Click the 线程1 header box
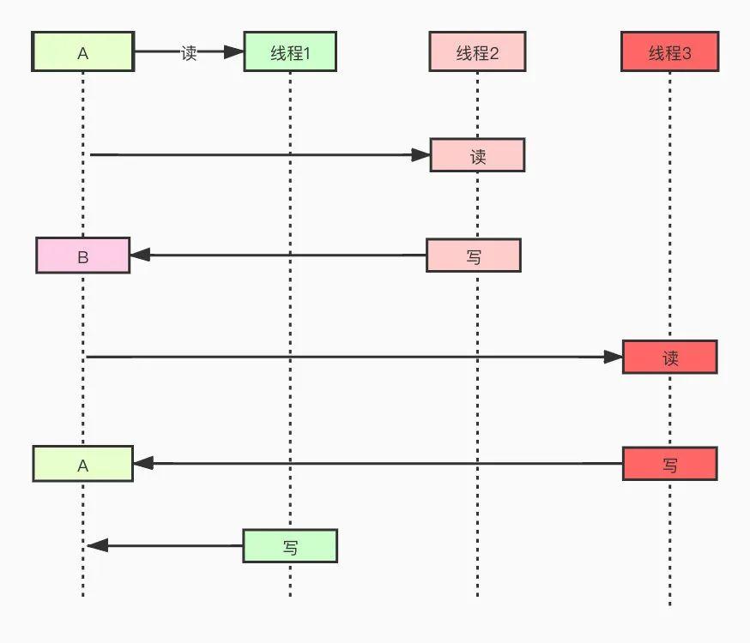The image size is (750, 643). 289,52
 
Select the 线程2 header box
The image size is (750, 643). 477,52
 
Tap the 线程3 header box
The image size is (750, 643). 669,52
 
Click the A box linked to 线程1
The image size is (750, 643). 83,52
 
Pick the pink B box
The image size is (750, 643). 83,255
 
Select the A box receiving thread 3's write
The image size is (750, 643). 83,464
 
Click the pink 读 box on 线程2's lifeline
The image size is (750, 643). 477,155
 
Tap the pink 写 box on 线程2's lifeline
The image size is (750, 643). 474,255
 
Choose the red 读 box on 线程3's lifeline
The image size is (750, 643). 669,357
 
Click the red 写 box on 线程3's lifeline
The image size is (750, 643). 669,464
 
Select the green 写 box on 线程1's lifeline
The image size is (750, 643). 290,545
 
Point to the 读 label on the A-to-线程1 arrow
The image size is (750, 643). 189,52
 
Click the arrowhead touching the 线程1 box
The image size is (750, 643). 234,52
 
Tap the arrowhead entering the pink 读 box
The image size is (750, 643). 420,155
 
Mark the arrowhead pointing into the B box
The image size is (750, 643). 140,255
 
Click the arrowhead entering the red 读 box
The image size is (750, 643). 613,357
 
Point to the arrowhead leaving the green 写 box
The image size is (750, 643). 96,545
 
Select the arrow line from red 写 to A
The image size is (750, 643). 378,464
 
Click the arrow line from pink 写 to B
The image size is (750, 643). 283,255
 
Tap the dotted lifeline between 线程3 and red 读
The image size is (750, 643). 669,206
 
